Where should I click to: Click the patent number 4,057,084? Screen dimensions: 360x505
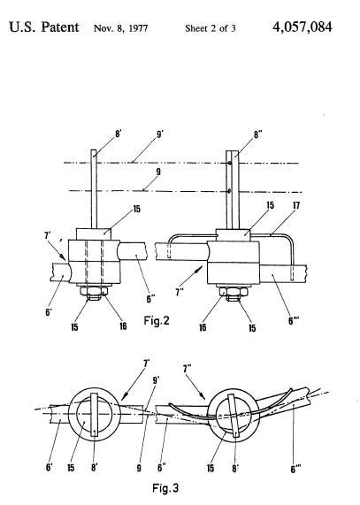[x=302, y=27]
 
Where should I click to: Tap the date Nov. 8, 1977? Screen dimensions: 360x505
[x=121, y=28]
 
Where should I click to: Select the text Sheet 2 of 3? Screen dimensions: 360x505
[x=211, y=28]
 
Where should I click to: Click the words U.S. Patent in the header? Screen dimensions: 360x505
[x=44, y=27]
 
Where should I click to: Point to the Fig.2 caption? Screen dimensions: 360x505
[x=157, y=320]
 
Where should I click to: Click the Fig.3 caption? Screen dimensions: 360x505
[x=165, y=488]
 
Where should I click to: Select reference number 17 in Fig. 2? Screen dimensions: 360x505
[x=296, y=205]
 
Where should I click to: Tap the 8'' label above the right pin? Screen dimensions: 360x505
[x=258, y=134]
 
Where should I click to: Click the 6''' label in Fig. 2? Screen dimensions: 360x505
[x=294, y=321]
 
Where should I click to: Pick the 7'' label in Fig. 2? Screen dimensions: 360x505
[x=180, y=292]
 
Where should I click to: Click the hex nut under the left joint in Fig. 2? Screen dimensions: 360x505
[x=94, y=291]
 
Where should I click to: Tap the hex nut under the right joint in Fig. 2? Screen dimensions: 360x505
[x=233, y=292]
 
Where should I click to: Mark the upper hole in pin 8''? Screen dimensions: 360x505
[x=230, y=164]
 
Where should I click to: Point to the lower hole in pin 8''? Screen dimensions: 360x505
[x=229, y=191]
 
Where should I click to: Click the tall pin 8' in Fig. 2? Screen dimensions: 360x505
[x=94, y=189]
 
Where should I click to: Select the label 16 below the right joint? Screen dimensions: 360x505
[x=203, y=328]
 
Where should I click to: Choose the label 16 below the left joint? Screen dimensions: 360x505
[x=123, y=326]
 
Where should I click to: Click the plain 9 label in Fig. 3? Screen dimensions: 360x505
[x=139, y=468]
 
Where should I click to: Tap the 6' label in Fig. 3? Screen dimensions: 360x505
[x=49, y=467]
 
